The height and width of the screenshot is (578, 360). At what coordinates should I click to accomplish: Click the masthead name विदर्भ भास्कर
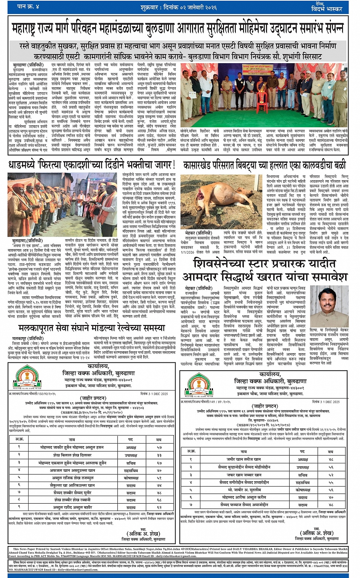(326, 9)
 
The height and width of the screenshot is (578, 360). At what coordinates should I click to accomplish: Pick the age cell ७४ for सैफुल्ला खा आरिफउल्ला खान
(159, 485)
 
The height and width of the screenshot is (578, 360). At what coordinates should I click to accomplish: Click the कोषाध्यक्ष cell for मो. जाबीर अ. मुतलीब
(302, 490)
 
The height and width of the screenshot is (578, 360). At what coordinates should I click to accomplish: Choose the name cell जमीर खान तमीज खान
(244, 459)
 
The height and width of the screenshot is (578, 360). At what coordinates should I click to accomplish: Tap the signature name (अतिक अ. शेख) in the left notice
(143, 533)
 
